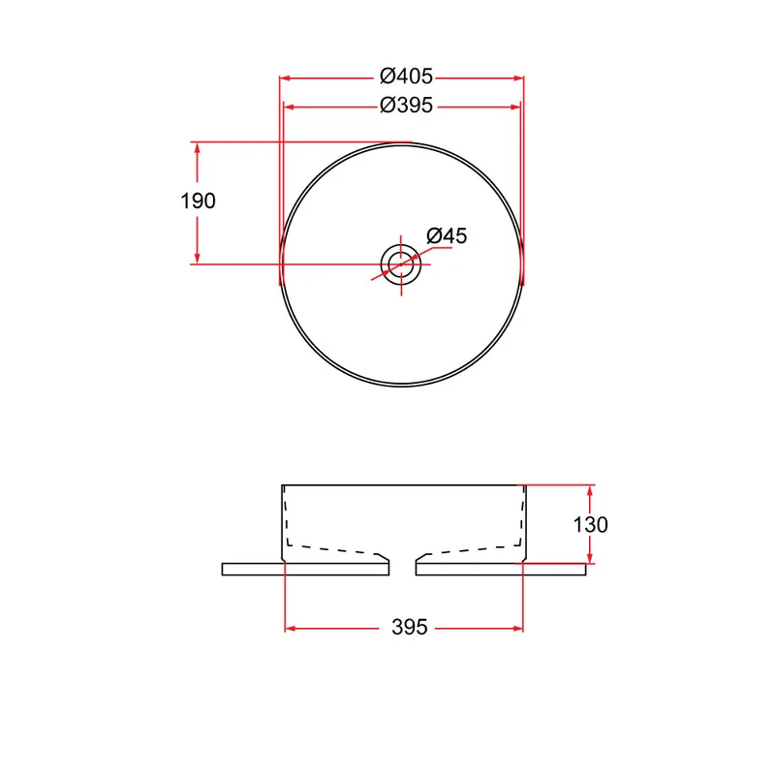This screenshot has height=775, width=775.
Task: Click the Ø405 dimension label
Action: coord(406,77)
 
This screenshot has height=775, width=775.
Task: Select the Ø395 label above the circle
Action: coord(406,106)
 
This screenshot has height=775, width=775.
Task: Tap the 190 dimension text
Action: coord(198,201)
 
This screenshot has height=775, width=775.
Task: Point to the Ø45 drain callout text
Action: coord(447,235)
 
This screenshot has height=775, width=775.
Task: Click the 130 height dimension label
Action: coord(590,524)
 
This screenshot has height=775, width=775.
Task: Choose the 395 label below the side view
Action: coord(409,627)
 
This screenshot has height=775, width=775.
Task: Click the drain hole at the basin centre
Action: coord(401,264)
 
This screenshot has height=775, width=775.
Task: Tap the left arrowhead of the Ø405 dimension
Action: coord(285,78)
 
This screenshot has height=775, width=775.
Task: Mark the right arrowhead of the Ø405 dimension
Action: coord(518,78)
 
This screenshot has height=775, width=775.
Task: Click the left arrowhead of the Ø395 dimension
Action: coord(289,107)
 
